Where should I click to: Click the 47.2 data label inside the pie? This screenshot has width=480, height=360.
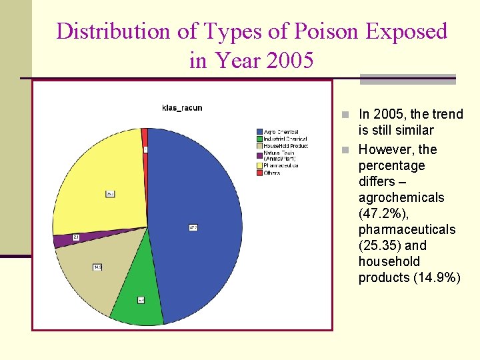[x=193, y=227]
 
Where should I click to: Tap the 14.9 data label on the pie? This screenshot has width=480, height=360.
[x=97, y=267]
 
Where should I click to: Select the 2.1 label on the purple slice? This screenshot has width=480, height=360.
[x=77, y=237]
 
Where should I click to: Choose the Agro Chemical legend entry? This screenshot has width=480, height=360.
[x=281, y=132]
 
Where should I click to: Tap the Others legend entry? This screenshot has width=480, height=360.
[x=272, y=173]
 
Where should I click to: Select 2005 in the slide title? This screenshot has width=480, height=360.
[x=289, y=61]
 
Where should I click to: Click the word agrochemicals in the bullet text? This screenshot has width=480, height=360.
[x=401, y=197]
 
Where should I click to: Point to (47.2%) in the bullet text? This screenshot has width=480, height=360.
[x=379, y=213]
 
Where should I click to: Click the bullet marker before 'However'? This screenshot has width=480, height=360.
[x=345, y=149]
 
